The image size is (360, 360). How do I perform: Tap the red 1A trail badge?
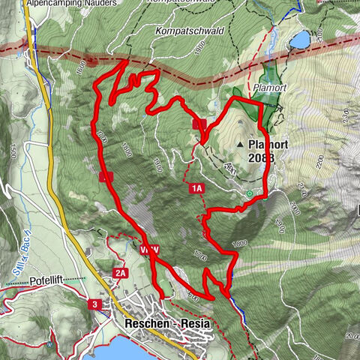196,190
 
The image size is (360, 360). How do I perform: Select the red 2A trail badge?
121,273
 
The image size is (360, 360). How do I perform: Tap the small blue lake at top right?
301,38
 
